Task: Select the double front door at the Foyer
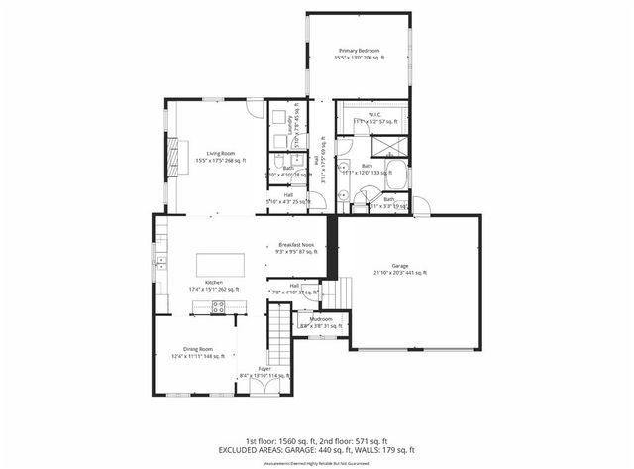pos(263,390)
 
